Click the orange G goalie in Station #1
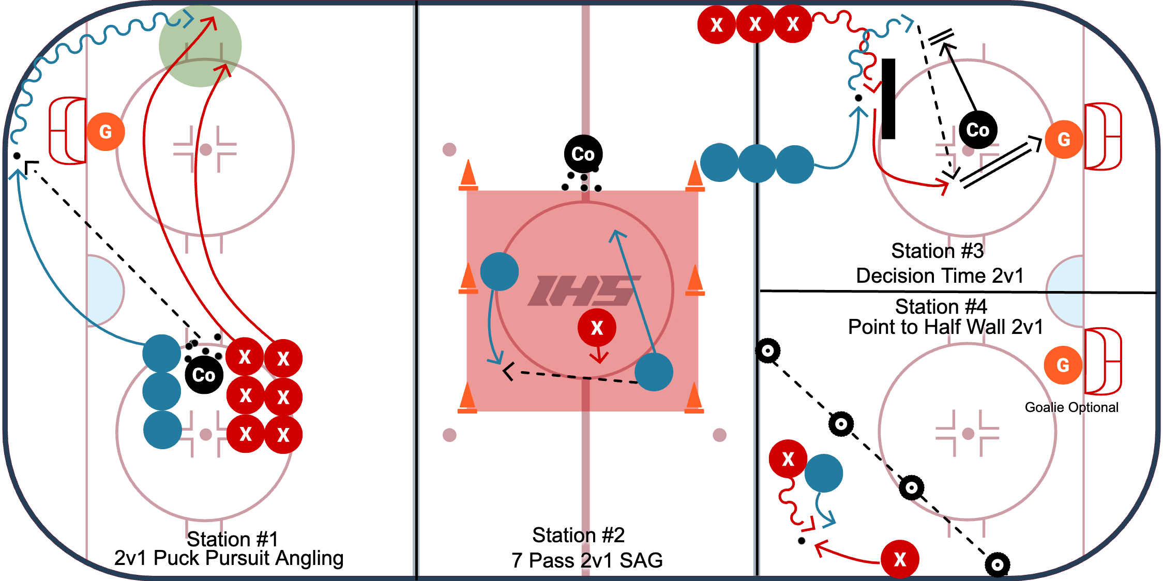(105, 132)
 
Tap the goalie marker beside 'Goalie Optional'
(1063, 365)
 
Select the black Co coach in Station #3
(977, 130)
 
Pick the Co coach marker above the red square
(583, 154)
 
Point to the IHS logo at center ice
(583, 290)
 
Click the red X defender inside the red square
(597, 328)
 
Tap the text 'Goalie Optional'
(1071, 408)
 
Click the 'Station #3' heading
(937, 251)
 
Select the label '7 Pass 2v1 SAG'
(587, 561)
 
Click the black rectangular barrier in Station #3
(888, 99)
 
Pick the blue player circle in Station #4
(824, 473)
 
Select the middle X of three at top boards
(755, 24)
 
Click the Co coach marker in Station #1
(204, 375)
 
